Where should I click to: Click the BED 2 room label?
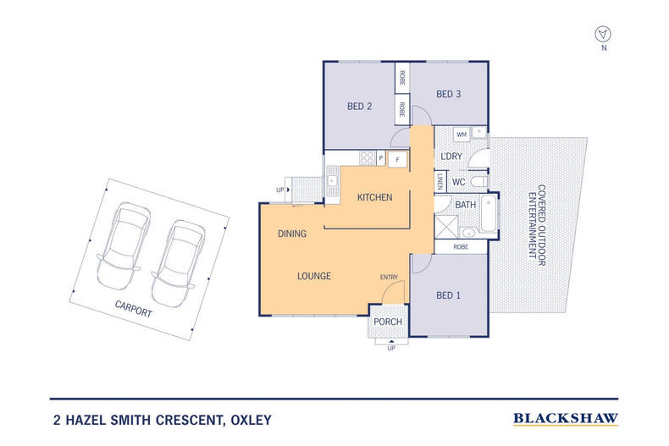click(x=360, y=107)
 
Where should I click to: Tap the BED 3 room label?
click(x=448, y=94)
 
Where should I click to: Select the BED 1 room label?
click(x=448, y=296)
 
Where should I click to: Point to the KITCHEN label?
click(x=374, y=197)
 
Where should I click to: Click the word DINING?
click(x=292, y=234)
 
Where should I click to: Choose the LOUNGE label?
click(x=313, y=276)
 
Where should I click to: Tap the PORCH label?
click(x=388, y=322)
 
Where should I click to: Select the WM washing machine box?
click(x=462, y=135)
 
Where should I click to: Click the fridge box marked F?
click(x=397, y=157)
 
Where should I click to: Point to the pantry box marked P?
click(x=382, y=157)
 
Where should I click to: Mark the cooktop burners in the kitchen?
click(x=368, y=157)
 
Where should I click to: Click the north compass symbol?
click(x=603, y=34)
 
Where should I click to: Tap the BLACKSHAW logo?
click(x=566, y=418)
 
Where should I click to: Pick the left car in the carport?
click(x=123, y=244)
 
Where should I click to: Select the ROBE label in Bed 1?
click(x=461, y=246)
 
